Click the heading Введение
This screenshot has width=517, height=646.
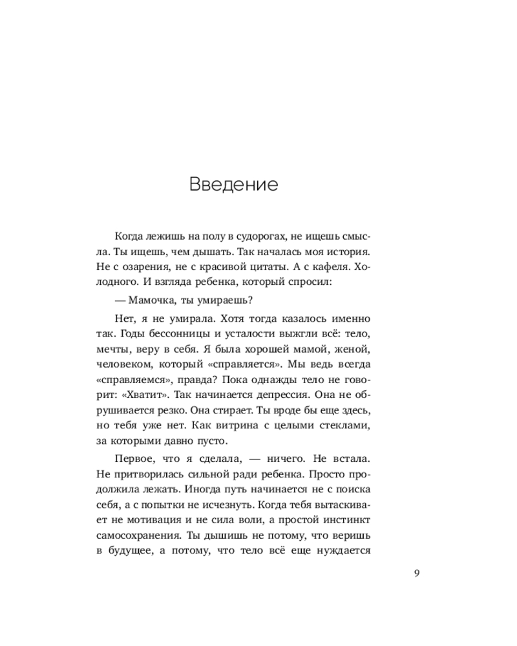(x=233, y=185)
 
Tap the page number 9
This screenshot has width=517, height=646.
(x=417, y=572)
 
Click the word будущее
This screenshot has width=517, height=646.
(x=132, y=551)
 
